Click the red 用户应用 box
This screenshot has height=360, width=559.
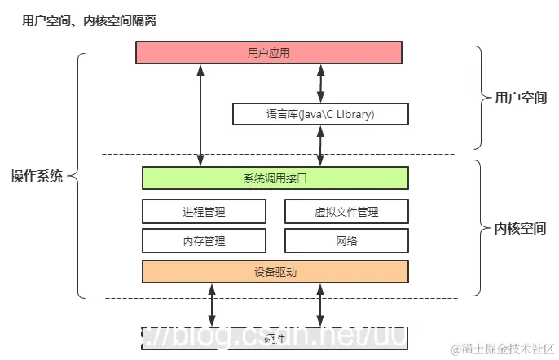click(x=268, y=53)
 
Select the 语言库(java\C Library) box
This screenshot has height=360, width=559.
click(x=320, y=114)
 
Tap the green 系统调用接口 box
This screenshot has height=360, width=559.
click(x=275, y=178)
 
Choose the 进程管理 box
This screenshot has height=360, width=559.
click(x=204, y=212)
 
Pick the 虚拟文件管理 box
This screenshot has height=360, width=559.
click(x=346, y=212)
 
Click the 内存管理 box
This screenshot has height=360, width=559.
click(x=204, y=240)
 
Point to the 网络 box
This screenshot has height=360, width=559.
click(x=346, y=240)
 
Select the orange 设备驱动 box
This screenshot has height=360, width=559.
click(x=275, y=271)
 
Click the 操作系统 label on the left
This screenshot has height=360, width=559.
click(x=36, y=177)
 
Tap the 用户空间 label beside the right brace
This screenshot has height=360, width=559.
click(x=521, y=98)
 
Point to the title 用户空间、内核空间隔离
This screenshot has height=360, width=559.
click(x=89, y=21)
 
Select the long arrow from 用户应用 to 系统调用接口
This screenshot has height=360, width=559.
click(x=200, y=114)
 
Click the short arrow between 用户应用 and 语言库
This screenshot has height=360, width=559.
click(x=320, y=83)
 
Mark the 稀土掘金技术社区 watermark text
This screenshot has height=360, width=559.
click(x=502, y=349)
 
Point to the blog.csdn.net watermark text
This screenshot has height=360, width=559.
click(x=269, y=336)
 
